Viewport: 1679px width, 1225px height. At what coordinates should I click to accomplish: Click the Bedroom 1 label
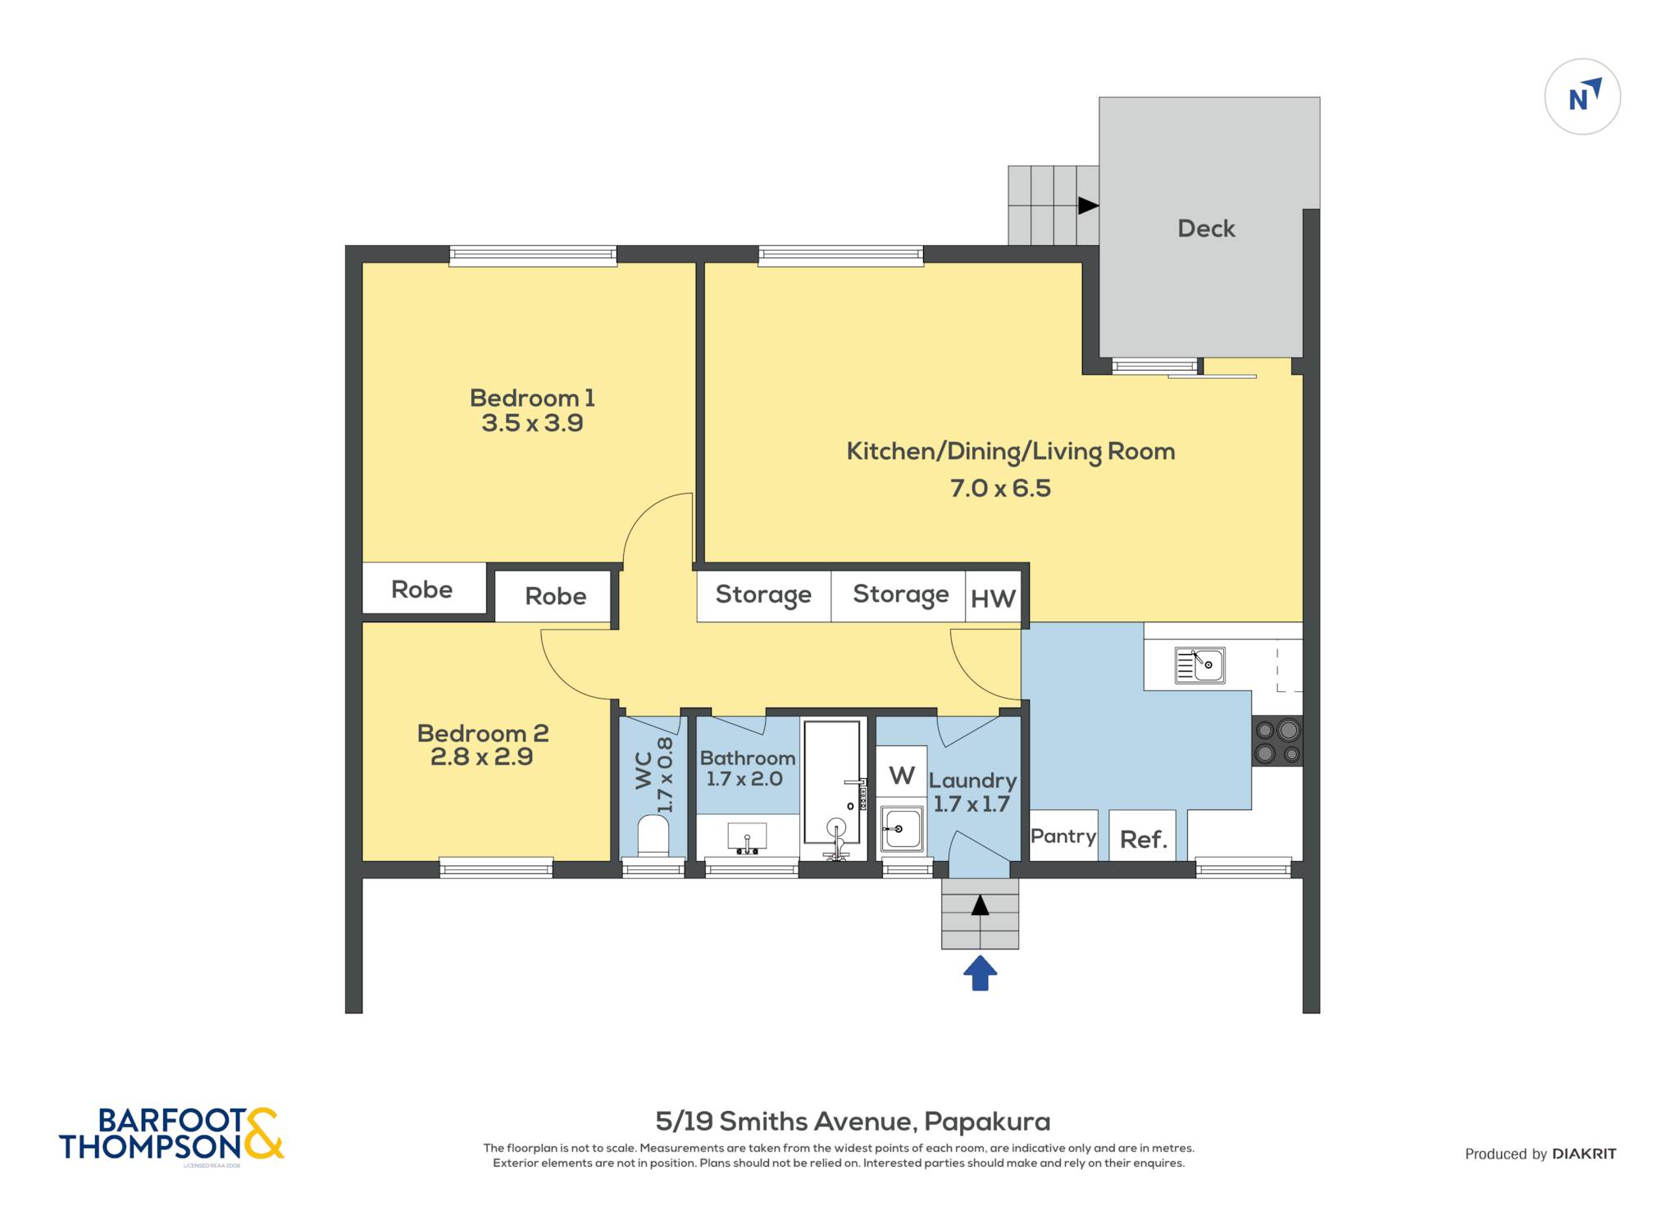click(x=532, y=398)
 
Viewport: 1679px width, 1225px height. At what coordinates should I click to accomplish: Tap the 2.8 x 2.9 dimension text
click(x=482, y=757)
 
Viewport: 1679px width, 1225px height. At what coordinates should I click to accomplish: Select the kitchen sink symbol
click(x=1200, y=665)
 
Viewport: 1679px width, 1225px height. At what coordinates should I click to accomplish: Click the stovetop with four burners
click(x=1277, y=741)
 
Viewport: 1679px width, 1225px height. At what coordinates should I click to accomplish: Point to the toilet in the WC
click(x=653, y=836)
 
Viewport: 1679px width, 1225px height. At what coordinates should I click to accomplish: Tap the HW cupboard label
click(x=993, y=599)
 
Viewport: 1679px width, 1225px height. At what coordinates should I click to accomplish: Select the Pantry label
click(x=1063, y=836)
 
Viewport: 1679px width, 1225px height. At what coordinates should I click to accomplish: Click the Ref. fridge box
click(x=1143, y=836)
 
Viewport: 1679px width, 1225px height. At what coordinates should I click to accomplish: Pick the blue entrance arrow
click(x=980, y=973)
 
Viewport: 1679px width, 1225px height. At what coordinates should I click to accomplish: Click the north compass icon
click(x=1582, y=97)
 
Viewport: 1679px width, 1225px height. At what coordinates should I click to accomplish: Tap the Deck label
click(x=1206, y=229)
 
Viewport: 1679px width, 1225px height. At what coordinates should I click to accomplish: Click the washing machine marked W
click(x=902, y=774)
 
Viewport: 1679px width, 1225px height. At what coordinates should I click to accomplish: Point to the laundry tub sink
click(x=902, y=829)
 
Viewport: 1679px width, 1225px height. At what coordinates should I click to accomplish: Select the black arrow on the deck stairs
click(x=1088, y=206)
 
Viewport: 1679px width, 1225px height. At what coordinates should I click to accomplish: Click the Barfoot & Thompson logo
click(x=171, y=1135)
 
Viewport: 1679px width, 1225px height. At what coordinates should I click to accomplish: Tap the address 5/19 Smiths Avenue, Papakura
click(x=853, y=1121)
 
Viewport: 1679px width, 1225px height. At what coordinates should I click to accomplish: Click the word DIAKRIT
click(x=1584, y=1154)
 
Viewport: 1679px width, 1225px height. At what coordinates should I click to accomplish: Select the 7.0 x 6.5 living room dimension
click(x=1000, y=489)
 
